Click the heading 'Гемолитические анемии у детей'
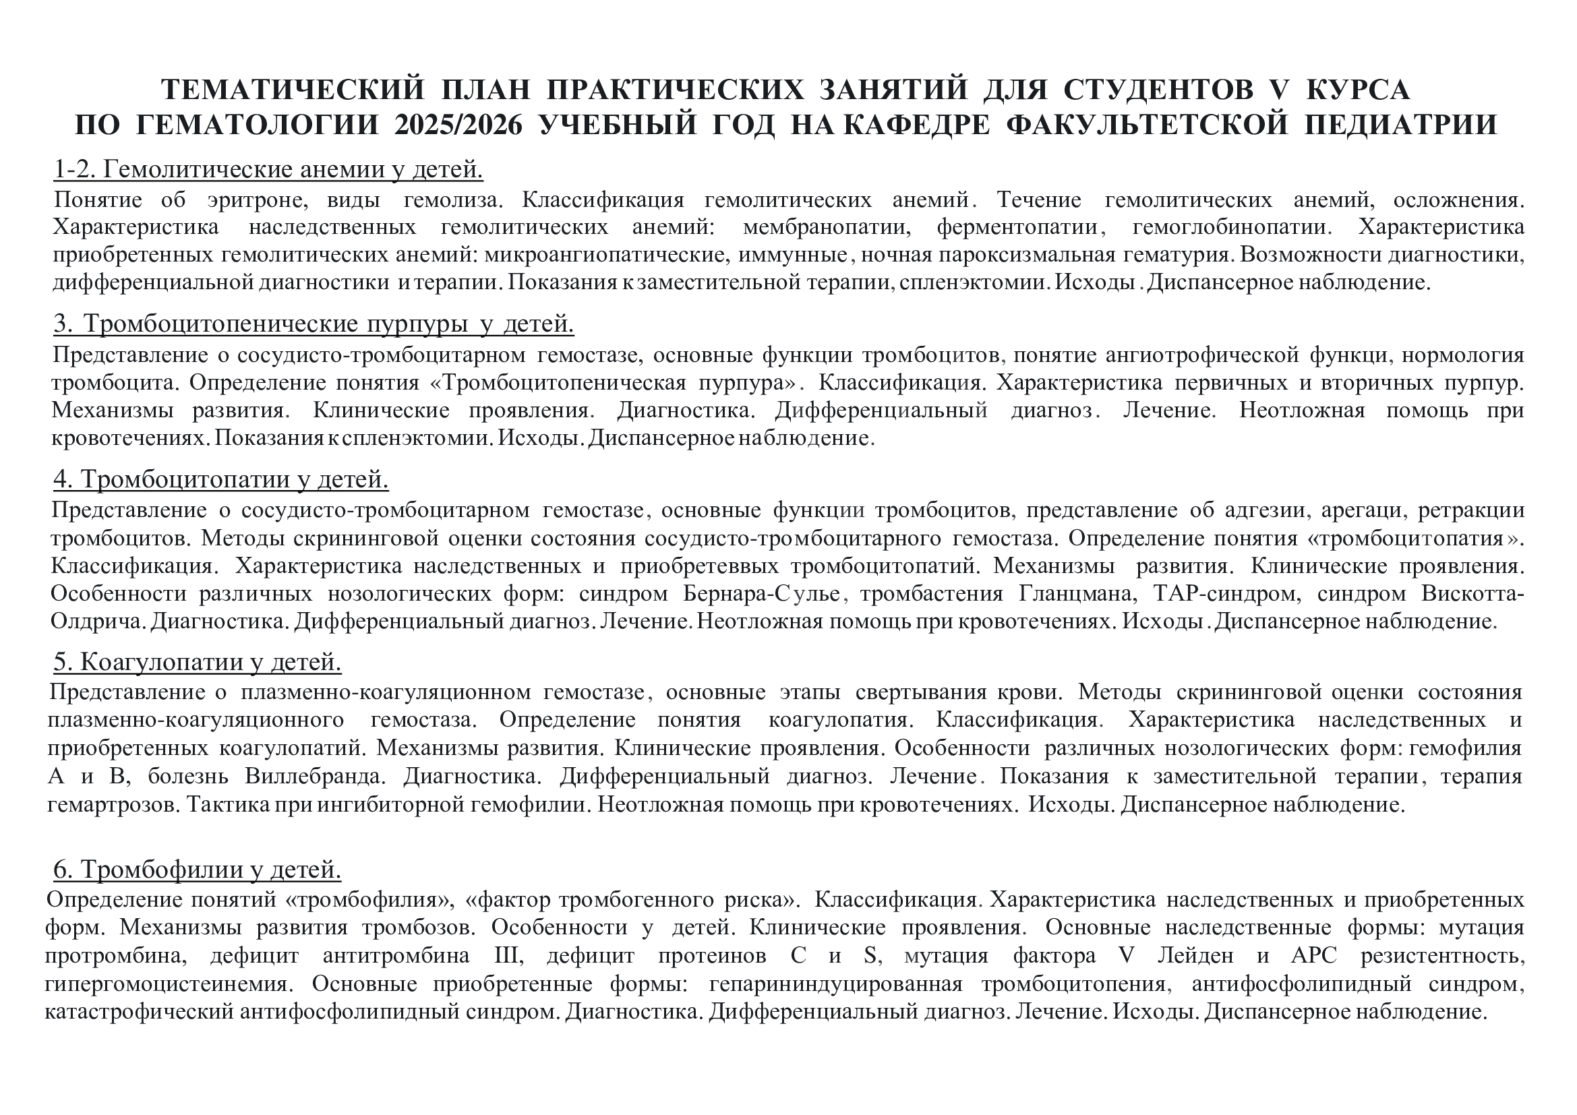click(268, 169)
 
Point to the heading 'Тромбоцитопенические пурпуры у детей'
click(314, 324)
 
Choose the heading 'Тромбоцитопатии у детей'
click(221, 479)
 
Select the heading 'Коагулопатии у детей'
click(197, 662)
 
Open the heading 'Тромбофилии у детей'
click(197, 870)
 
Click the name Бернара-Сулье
click(762, 594)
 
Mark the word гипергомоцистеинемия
click(169, 984)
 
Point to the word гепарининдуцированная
click(835, 984)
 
